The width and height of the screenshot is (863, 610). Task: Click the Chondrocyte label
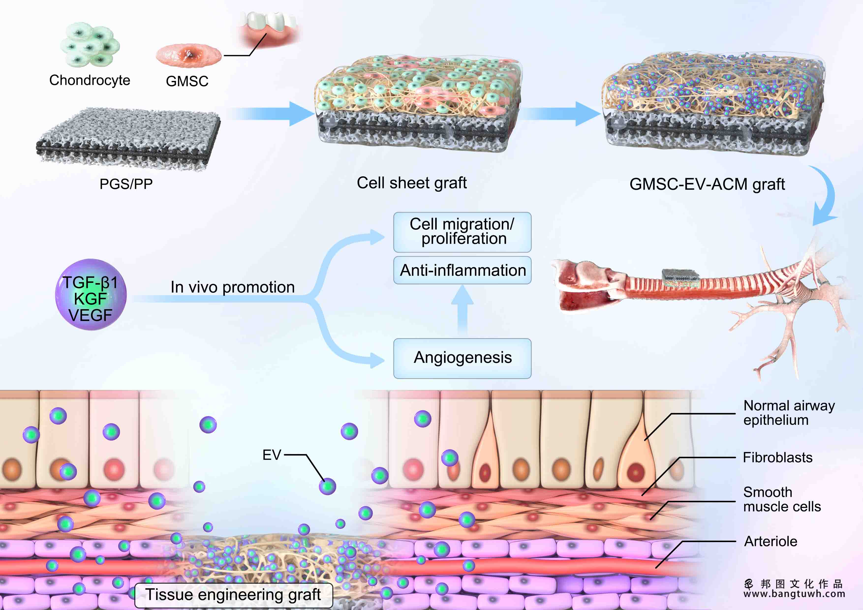(90, 80)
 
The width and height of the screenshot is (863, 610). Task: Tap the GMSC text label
(187, 81)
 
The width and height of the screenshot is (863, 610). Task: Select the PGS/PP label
(126, 184)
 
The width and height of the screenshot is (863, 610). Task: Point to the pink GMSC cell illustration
(189, 55)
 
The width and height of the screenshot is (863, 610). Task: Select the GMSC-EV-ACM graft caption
(707, 184)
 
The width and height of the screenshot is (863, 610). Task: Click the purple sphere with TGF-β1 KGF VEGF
(91, 295)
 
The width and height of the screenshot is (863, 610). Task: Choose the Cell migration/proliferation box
(462, 232)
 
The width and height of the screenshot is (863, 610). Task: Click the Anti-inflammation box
(462, 270)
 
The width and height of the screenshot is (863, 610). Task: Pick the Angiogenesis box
(462, 358)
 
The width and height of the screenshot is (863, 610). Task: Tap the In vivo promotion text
(233, 287)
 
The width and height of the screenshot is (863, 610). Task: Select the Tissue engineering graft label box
(233, 595)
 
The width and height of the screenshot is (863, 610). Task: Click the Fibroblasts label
(778, 457)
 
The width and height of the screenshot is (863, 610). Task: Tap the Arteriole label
(771, 541)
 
